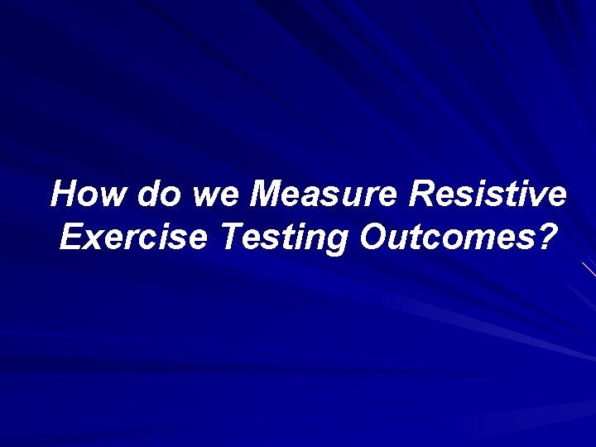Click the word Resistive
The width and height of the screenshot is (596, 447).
(488, 195)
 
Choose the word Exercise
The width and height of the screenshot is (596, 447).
(132, 238)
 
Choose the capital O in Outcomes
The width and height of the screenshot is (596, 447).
(373, 238)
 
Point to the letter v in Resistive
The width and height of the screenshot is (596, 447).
(536, 197)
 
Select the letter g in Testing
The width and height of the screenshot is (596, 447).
(337, 242)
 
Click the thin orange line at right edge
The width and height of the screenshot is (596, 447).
(589, 268)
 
